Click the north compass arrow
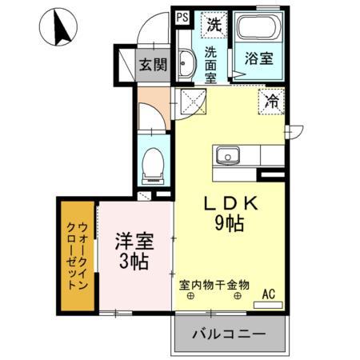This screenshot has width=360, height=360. coord(57,28)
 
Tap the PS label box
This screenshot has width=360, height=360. coord(182,16)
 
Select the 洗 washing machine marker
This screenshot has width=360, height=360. coord(214,24)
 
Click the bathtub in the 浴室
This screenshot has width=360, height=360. coord(257,32)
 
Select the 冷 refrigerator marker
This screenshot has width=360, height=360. coord(272,102)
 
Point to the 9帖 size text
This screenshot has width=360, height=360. coord(231,225)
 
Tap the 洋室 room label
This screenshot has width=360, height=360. coord(134,240)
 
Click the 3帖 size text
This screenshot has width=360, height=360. coord(134,262)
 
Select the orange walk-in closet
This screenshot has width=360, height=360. coord(76,256)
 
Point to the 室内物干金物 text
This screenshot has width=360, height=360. coord(214,284)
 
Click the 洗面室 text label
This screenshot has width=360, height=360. coord(210,64)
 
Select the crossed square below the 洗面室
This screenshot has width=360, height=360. coord(192,102)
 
